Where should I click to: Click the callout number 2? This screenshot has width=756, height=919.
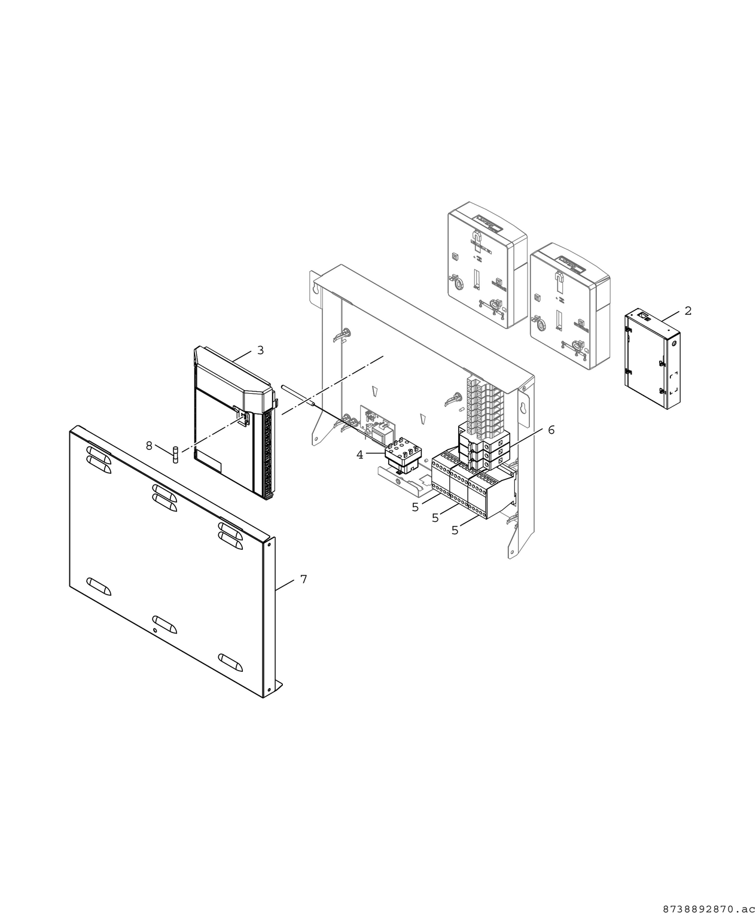688,311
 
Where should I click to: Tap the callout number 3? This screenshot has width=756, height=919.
260,350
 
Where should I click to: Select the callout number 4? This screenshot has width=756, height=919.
359,455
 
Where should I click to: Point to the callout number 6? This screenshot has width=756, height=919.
551,430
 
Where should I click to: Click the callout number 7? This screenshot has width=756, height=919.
303,579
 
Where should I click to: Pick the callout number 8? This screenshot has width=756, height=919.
149,445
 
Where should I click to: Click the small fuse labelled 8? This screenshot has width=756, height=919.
175,454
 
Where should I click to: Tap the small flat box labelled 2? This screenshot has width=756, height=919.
654,359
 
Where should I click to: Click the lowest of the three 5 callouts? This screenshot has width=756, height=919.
455,530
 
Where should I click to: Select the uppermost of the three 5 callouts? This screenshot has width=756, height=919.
415,507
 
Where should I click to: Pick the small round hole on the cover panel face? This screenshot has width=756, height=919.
156,631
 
